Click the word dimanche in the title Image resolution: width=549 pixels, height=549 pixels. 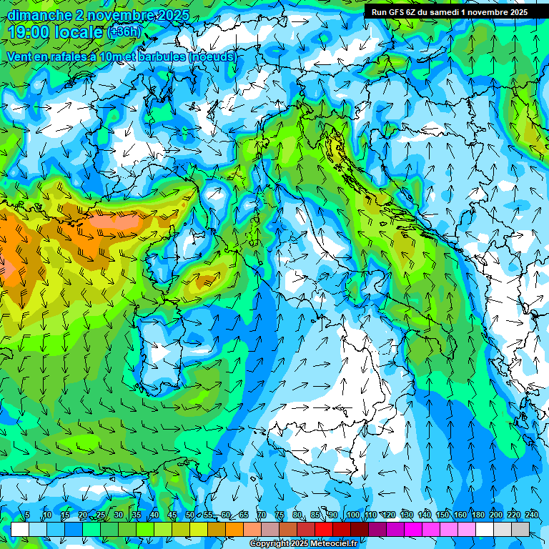tap(35, 15)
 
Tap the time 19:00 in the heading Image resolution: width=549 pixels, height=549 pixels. tap(31, 32)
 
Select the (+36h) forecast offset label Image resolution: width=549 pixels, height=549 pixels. tap(124, 32)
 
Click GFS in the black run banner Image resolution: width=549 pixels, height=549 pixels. tap(396, 12)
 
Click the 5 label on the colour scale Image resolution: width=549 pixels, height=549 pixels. tap(27, 515)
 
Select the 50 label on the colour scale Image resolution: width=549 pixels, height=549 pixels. tap(190, 515)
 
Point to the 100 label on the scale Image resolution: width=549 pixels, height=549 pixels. tap(352, 515)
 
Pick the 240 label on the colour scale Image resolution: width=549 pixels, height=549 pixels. tap(532, 515)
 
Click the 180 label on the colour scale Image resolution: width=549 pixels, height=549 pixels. tap(478, 515)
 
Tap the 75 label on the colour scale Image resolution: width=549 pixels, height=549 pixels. tap(280, 515)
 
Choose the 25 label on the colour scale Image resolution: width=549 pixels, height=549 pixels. tap(100, 515)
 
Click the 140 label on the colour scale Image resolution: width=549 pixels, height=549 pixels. tap(424, 515)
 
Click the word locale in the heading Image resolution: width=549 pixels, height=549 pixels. tap(81, 32)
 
